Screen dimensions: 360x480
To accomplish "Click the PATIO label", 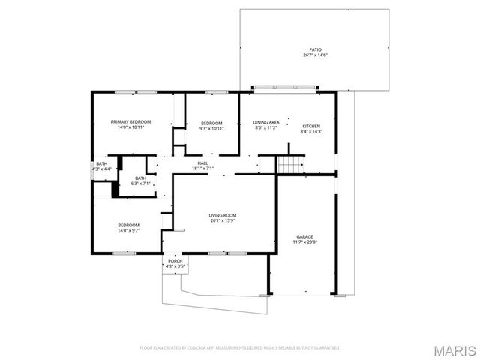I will coord(314,49).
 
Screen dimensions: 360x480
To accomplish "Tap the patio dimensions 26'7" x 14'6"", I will coord(314,55).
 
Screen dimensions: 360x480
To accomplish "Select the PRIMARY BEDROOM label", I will coord(130,121).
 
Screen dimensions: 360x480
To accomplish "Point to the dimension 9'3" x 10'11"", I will coord(211,128).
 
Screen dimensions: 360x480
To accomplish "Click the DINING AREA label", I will coord(266,122).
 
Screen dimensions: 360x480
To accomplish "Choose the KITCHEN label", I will coord(311,126).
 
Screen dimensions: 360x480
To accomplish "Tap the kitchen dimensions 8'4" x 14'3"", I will coord(311,132).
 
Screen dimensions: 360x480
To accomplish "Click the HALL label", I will coord(202,163).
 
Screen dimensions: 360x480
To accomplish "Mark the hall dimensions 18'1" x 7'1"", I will coord(202,168).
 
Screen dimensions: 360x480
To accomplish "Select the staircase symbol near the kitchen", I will coord(289,165).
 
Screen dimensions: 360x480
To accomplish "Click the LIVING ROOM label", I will coord(223,215).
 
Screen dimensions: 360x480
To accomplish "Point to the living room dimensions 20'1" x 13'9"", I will coord(223,221).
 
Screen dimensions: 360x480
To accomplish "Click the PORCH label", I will coord(175,260).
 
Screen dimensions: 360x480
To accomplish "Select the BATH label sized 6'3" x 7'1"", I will coord(140,178).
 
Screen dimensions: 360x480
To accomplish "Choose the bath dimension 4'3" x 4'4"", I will coord(101,169).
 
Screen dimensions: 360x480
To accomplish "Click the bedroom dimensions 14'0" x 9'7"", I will coord(128,230).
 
